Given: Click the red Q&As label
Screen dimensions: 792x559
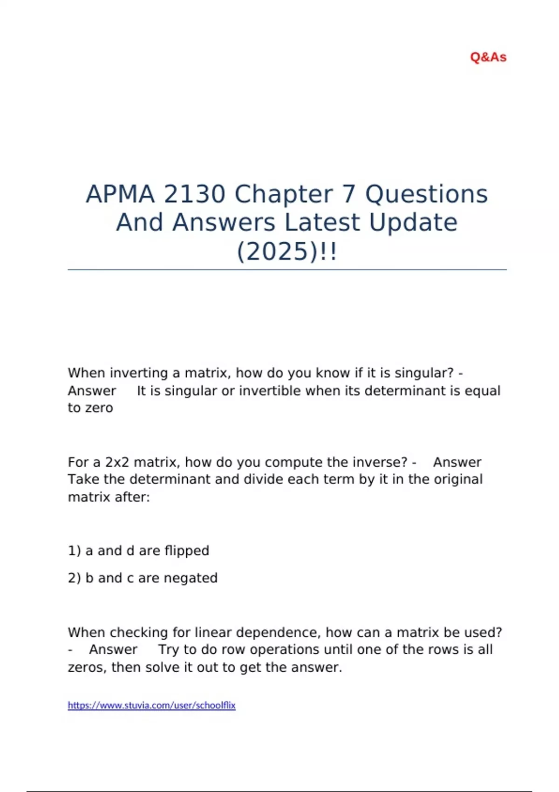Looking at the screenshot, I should (x=488, y=57).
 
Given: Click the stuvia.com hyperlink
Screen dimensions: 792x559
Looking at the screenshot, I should (x=151, y=705).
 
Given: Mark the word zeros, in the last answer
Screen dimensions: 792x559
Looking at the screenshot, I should (x=88, y=667).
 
